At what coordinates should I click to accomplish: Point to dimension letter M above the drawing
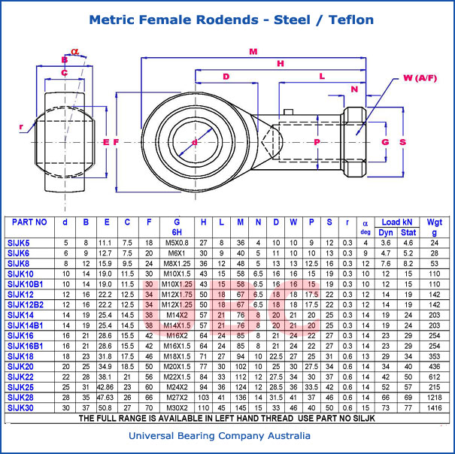point(253,52)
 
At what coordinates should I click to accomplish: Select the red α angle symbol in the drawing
point(75,51)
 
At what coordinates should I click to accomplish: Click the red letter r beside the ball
point(22,127)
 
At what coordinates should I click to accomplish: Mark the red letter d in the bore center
point(194,141)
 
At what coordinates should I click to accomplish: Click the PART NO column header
point(30,222)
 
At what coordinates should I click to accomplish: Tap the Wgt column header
point(435,222)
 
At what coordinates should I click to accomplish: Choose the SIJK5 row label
point(19,243)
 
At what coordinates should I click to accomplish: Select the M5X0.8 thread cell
point(177,243)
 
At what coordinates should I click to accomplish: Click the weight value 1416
point(435,407)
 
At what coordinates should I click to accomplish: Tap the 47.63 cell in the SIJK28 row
point(106,396)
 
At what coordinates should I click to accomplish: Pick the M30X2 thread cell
point(177,407)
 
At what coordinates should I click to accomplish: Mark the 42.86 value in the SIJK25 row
point(106,386)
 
